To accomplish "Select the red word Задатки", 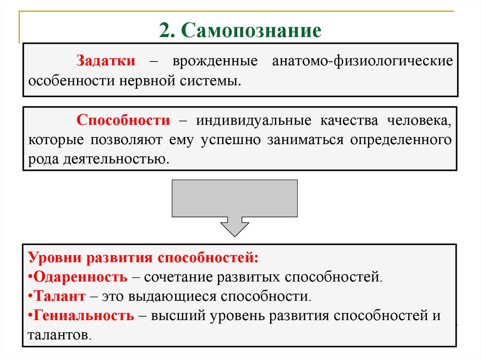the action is click(x=107, y=61).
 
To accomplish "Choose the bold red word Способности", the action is click(x=124, y=121).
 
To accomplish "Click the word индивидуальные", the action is click(x=254, y=121).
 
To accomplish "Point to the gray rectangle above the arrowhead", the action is click(x=235, y=198).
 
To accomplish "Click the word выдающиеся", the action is click(x=181, y=296).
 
